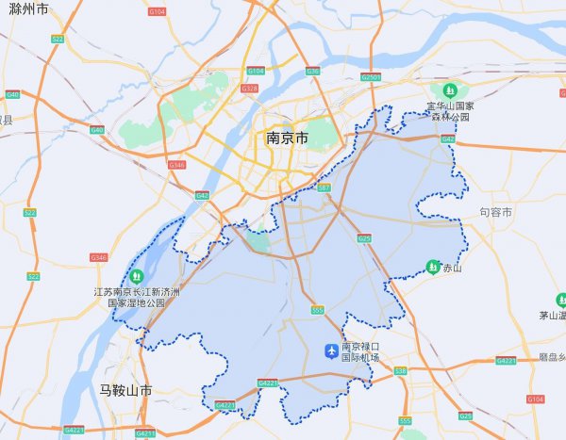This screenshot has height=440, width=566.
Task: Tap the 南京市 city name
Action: pyautogui.click(x=287, y=139)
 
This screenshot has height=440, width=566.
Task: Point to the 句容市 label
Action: pyautogui.click(x=495, y=214)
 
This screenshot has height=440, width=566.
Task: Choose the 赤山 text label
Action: pyautogui.click(x=453, y=269)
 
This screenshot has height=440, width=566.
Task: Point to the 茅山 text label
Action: pyautogui.click(x=551, y=316)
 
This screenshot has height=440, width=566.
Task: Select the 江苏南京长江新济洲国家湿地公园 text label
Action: pyautogui.click(x=137, y=299)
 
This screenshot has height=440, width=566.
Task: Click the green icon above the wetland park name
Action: pyautogui.click(x=137, y=276)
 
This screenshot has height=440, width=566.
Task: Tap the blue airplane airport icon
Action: pyautogui.click(x=330, y=351)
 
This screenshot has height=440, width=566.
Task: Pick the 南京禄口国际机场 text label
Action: pyautogui.click(x=359, y=351)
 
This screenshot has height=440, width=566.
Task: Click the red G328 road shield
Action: pyautogui.click(x=249, y=88)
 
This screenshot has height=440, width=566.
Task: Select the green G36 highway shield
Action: pyautogui.click(x=312, y=71)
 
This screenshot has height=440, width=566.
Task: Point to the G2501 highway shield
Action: pyautogui.click(x=372, y=76)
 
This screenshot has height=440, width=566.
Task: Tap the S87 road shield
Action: pyautogui.click(x=325, y=189)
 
